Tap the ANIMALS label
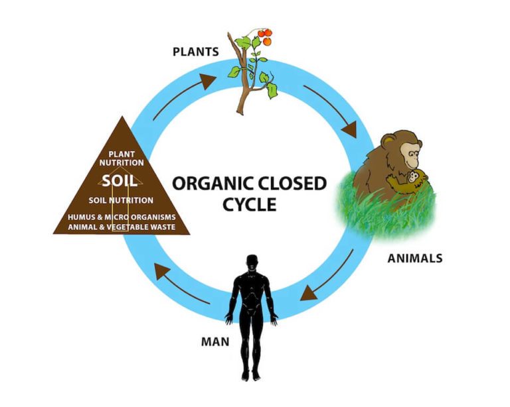tap(414, 258)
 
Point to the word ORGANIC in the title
tap(212, 183)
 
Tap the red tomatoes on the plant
tap(264, 34)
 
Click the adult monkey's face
tap(409, 158)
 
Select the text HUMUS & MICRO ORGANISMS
tap(122, 217)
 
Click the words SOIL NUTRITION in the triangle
tap(122, 200)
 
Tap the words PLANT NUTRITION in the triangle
tap(122, 158)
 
